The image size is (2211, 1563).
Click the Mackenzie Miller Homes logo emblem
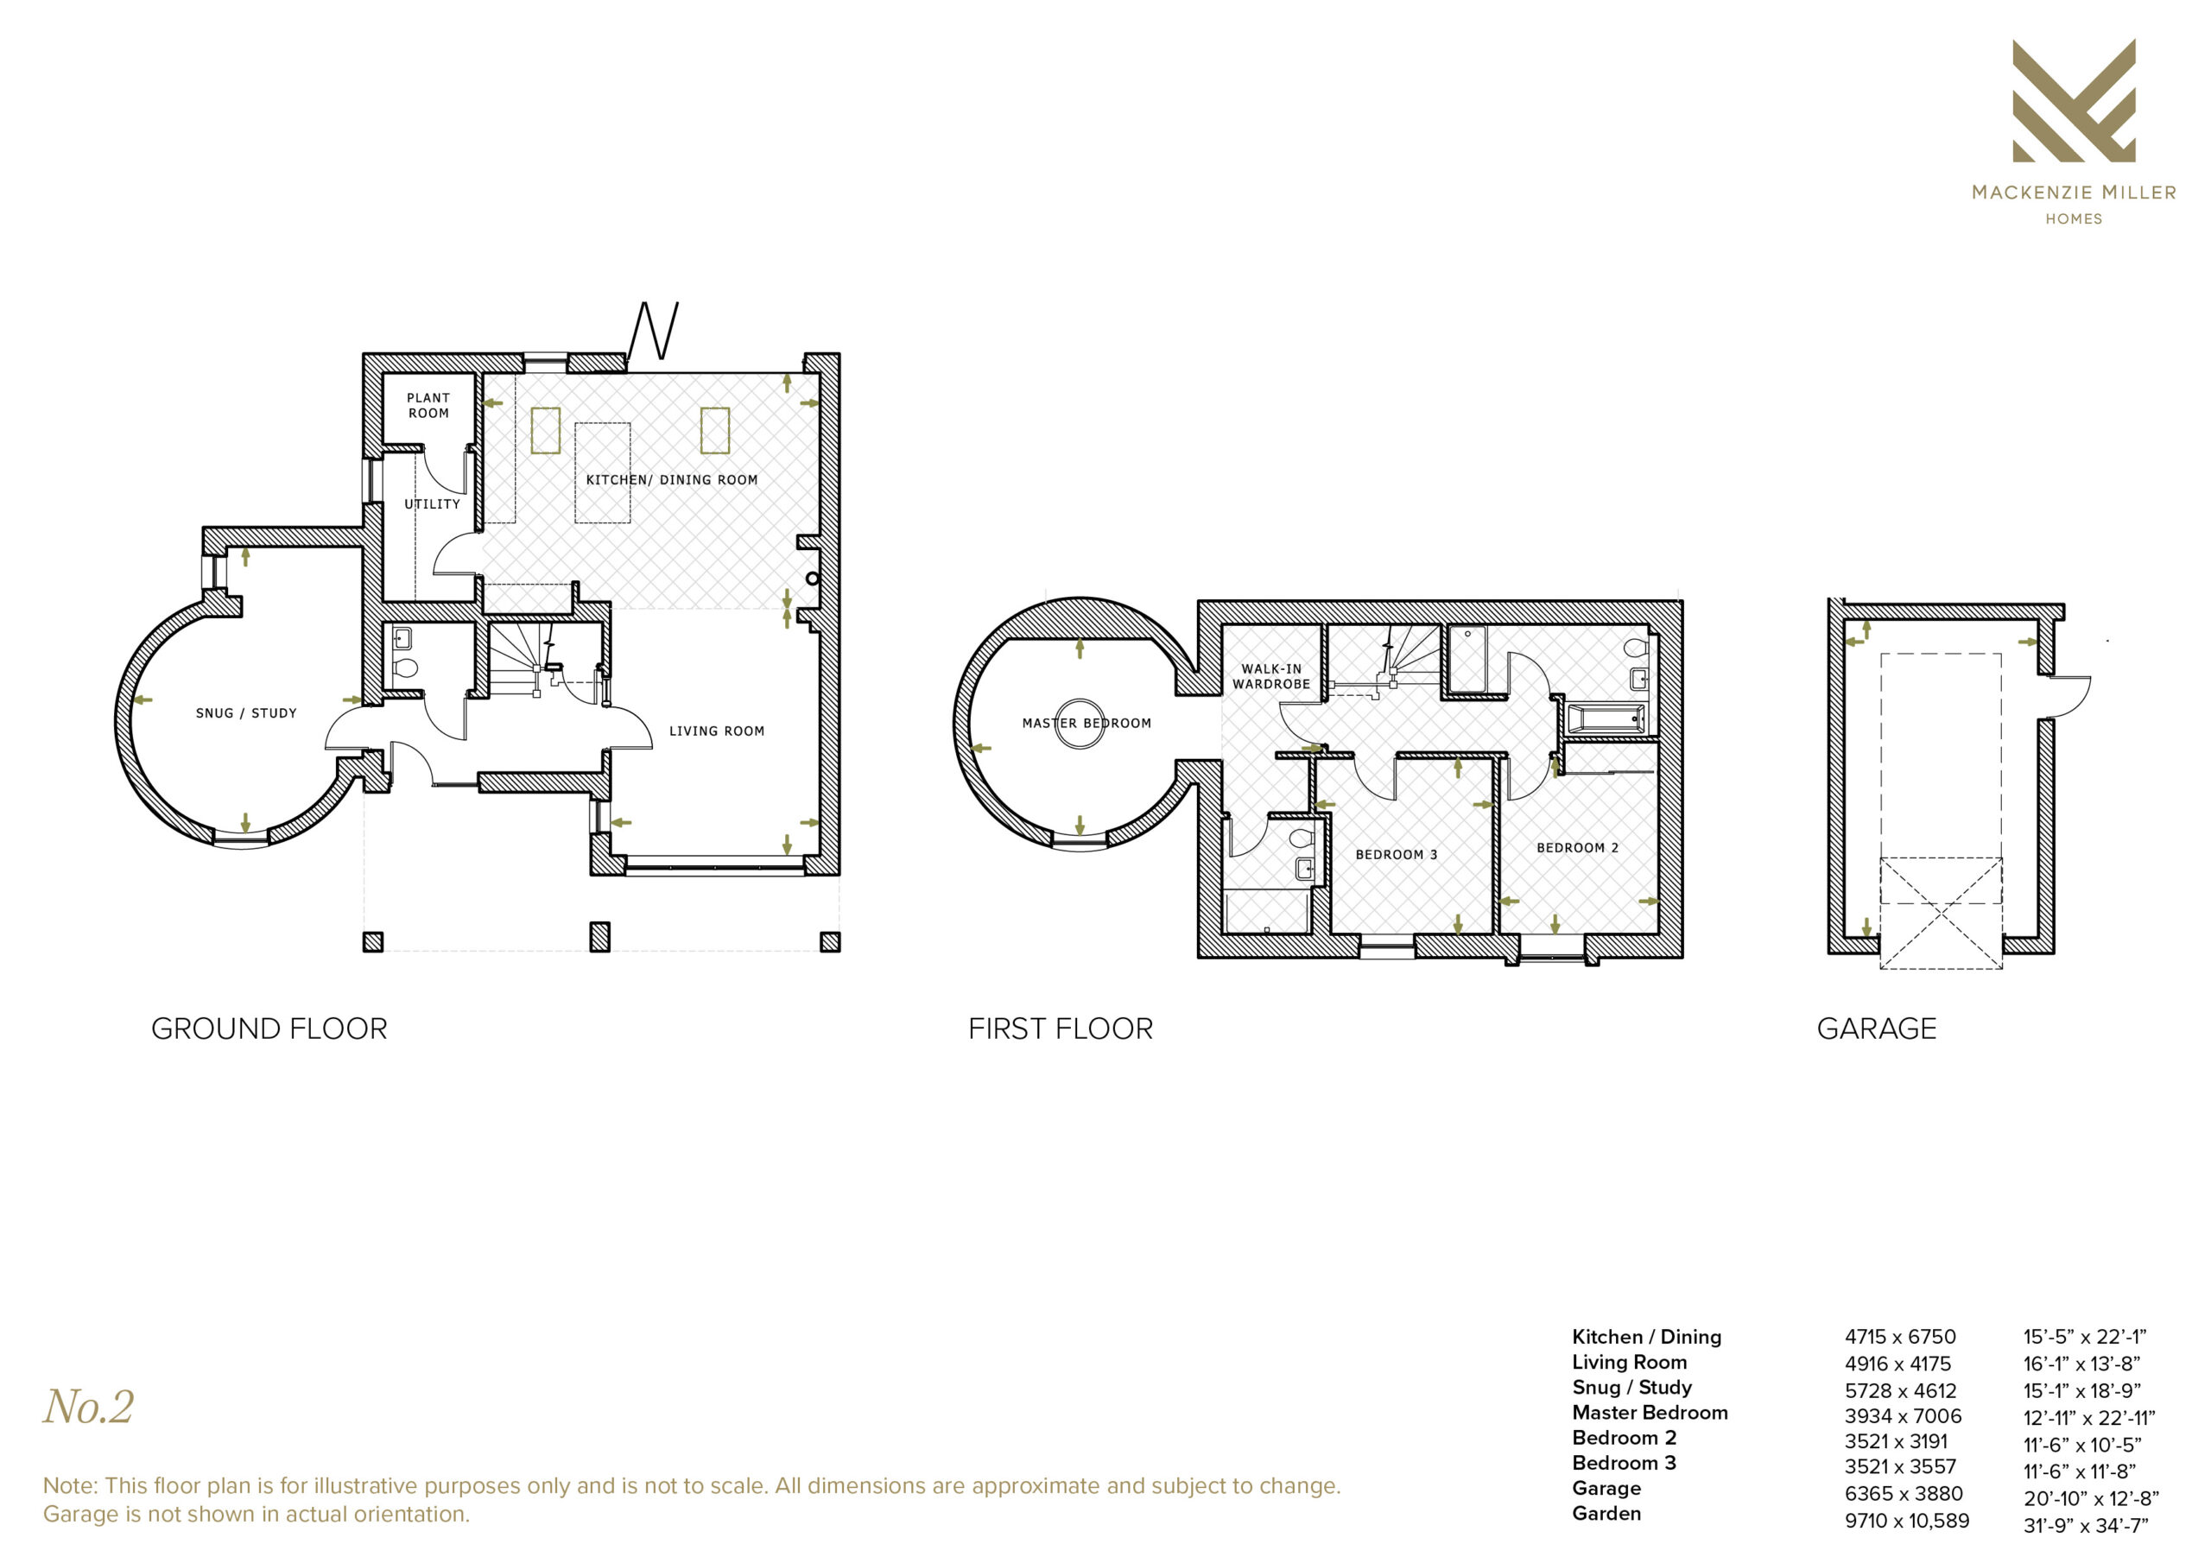2074,100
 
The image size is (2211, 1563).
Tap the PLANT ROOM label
428,406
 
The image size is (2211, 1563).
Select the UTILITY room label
433,503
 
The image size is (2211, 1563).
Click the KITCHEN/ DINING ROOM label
672,479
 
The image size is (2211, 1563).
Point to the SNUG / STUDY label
246,713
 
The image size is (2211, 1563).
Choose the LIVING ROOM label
718,731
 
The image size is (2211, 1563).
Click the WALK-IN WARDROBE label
1271,676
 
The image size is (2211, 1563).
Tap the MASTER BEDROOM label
1086,724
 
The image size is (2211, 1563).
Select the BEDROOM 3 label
1397,854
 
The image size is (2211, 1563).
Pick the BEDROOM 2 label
1577,847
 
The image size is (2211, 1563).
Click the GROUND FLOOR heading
269,1028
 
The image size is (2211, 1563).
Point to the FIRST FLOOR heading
1061,1028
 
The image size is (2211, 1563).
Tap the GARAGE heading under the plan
1877,1028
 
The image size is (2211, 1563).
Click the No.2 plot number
89,1407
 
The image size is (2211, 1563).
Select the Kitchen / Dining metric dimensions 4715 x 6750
1900,1337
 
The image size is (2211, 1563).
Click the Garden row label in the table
1606,1513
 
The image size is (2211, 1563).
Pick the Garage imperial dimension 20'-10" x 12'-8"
2091,1498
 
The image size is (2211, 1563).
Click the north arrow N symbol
654,331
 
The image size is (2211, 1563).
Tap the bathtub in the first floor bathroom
1606,719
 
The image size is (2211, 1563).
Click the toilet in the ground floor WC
405,668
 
